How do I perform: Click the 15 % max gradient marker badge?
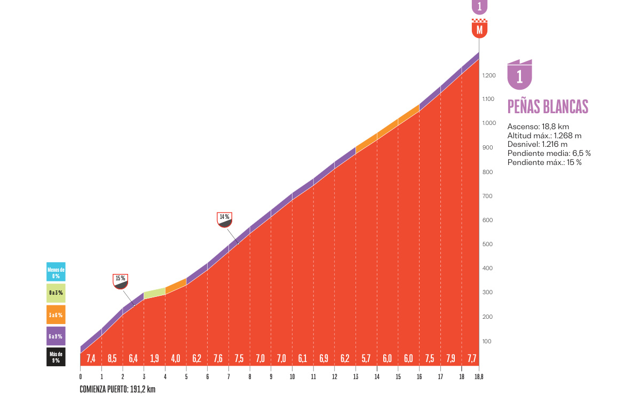[x=120, y=281]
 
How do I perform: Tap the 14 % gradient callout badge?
[x=224, y=220]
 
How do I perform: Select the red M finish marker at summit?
[x=479, y=28]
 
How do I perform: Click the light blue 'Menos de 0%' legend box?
[x=56, y=272]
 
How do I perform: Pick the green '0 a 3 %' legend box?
[x=56, y=293]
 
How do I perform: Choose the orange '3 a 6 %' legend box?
[x=56, y=314]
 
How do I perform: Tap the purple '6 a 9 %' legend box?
[x=56, y=336]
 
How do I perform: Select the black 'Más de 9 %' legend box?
[x=56, y=357]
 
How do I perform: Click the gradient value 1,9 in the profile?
[x=154, y=358]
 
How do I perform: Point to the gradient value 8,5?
[x=112, y=358]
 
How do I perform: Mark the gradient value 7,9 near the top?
[x=451, y=358]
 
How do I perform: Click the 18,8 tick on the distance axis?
[x=479, y=377]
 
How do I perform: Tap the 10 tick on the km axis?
[x=292, y=377]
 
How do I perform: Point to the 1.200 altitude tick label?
[x=489, y=75]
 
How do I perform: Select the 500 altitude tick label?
[x=487, y=244]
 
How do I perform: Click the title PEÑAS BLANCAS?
[x=548, y=107]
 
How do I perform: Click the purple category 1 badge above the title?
[x=520, y=74]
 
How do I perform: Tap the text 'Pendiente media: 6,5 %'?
[x=549, y=153]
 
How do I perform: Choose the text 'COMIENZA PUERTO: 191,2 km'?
[x=117, y=389]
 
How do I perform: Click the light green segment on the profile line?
[x=154, y=293]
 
